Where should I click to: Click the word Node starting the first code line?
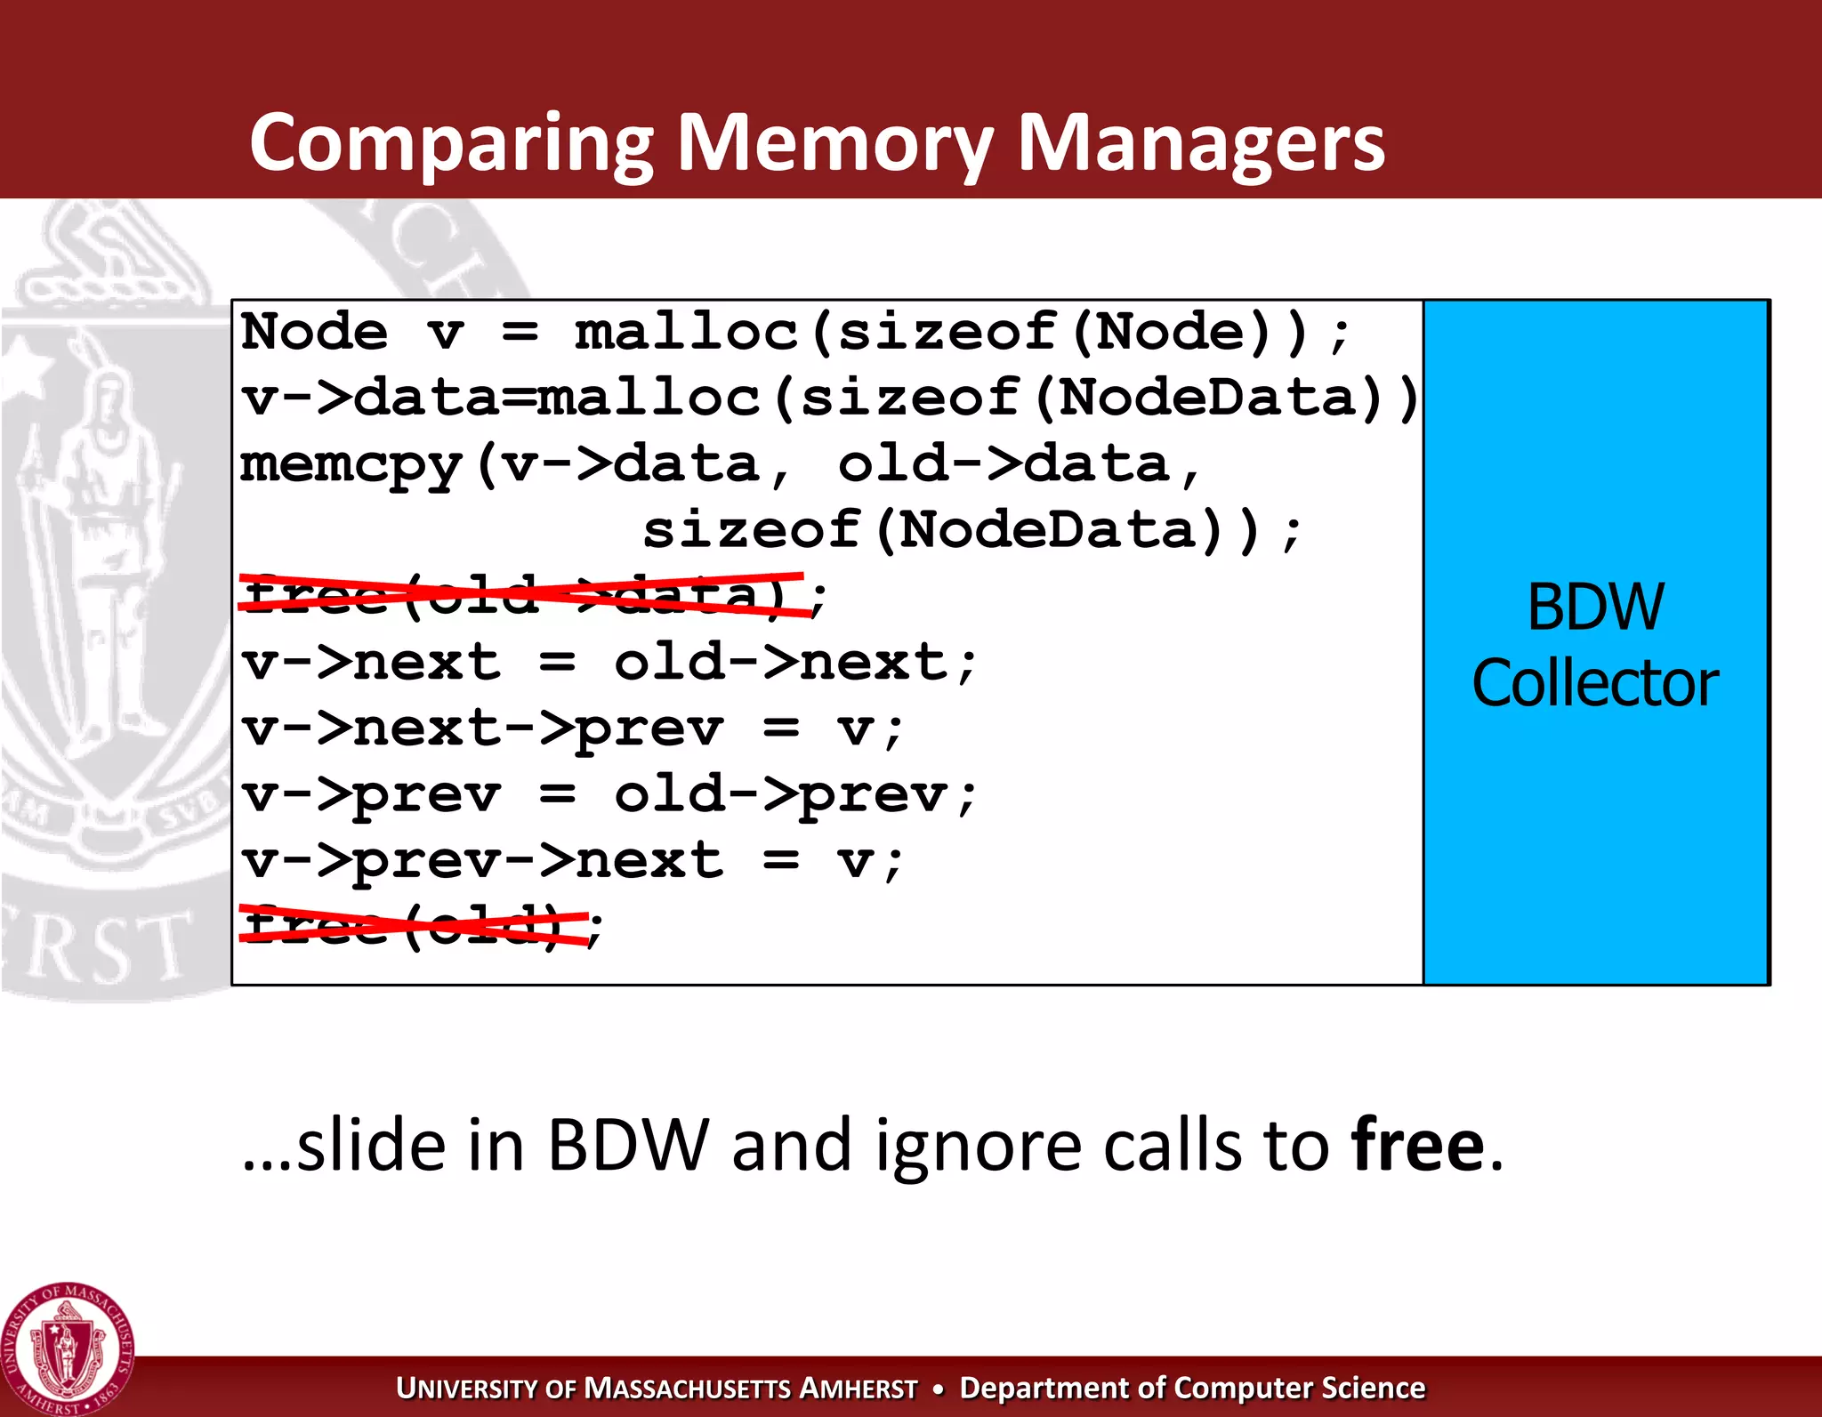314,332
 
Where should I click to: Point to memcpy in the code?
351,464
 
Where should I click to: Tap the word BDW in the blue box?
1595,608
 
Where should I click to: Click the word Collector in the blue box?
1595,683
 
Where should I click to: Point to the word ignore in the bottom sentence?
979,1145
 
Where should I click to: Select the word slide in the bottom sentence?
370,1145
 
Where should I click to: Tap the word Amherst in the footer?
858,1388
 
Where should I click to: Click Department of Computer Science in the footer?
1192,1388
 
